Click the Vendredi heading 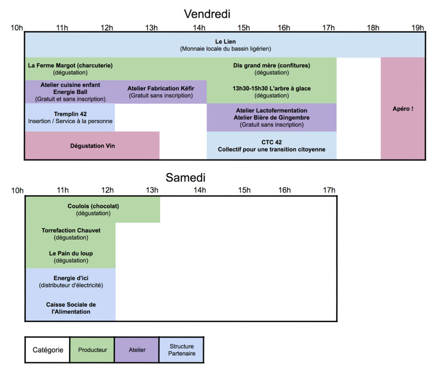click(207, 14)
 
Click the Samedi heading click(185, 178)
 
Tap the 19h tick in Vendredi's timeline click(418, 28)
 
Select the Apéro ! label click(403, 109)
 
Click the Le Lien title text click(225, 42)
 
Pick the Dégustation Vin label click(92, 146)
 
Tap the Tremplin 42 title click(70, 114)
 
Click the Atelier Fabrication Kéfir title click(161, 88)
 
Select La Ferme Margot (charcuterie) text click(70, 66)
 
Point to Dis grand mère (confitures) click(271, 66)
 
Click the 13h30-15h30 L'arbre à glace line click(271, 88)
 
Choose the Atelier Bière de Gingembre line click(271, 118)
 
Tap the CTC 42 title click(271, 142)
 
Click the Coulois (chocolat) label click(93, 206)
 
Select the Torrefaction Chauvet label click(71, 230)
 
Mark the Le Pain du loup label click(71, 253)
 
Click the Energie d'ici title click(71, 278)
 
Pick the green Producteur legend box click(92, 350)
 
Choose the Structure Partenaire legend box click(182, 350)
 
